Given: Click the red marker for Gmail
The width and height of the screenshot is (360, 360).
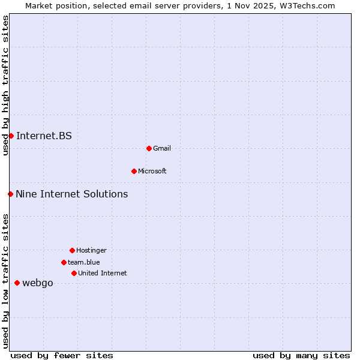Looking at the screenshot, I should [149, 148].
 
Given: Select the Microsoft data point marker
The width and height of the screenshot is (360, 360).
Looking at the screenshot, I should [134, 171].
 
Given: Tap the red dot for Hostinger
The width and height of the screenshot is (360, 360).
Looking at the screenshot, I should [72, 250].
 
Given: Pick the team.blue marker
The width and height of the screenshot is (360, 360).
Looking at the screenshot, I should [64, 262].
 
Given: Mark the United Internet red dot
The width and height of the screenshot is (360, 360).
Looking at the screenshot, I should [74, 273].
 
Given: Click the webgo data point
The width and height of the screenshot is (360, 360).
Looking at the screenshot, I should [17, 283].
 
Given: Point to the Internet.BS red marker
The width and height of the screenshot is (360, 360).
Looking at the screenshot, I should [11, 136].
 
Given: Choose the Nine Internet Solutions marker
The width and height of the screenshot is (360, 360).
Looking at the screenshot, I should [10, 194].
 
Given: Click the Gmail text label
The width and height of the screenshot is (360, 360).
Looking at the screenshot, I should [162, 148].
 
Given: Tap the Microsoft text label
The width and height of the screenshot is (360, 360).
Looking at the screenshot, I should [152, 171].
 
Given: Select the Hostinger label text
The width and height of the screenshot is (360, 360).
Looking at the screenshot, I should [91, 250].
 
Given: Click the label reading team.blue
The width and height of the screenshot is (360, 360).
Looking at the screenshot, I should [84, 262].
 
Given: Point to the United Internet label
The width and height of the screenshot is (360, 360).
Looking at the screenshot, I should [103, 273].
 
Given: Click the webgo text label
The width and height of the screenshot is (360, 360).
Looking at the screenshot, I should [38, 283].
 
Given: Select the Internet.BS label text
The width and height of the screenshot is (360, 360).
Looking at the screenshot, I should [44, 136].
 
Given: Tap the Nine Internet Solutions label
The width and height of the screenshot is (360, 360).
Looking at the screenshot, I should [72, 194].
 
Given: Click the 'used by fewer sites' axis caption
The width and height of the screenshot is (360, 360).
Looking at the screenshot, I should [62, 355].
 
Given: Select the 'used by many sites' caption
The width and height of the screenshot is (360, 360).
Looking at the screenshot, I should [301, 355].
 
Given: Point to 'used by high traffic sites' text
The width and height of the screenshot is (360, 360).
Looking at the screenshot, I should [5, 85].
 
